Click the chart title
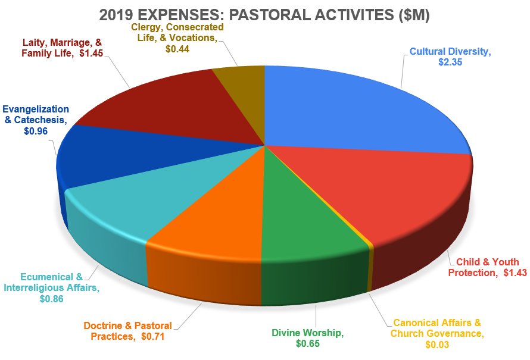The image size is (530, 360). (x=264, y=13)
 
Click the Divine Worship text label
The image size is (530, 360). (x=307, y=333)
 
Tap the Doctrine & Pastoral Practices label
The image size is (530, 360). (x=127, y=331)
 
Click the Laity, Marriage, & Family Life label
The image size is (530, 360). (x=63, y=48)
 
